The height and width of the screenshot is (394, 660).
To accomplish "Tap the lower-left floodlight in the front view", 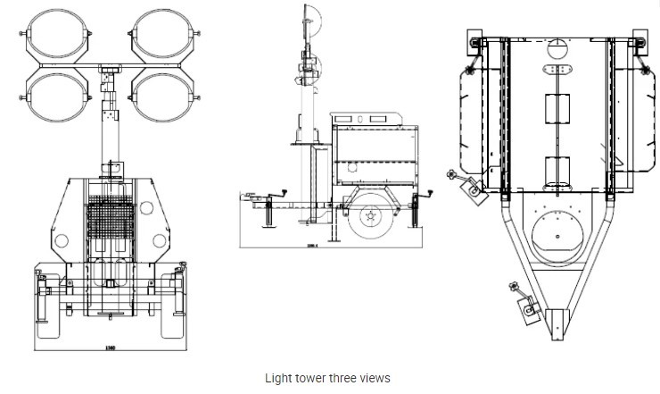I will coord(59,99).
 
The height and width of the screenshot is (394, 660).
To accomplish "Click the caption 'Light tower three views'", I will coord(327,378).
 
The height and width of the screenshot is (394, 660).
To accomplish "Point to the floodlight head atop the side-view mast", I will coord(312,27).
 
